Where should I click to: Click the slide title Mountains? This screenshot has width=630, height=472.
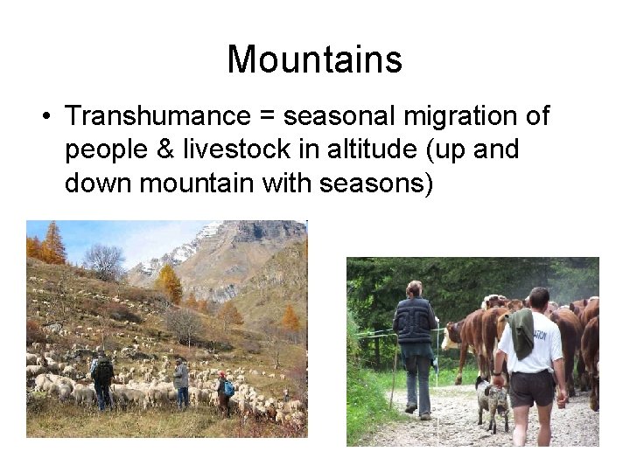(314, 59)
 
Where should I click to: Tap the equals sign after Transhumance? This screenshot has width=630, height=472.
(269, 117)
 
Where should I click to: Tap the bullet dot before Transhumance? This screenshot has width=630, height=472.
(41, 117)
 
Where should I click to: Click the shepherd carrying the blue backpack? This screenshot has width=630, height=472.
(225, 392)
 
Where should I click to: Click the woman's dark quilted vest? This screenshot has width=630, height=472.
(414, 321)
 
